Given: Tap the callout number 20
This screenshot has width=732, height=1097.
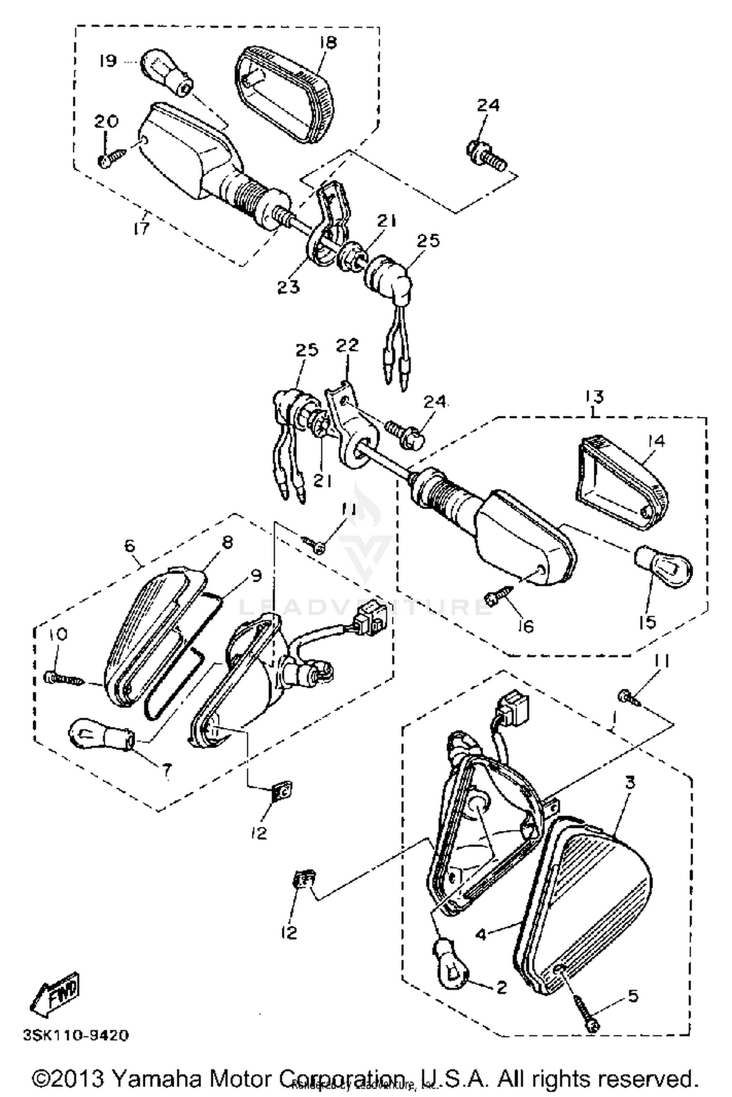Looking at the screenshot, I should click(106, 122).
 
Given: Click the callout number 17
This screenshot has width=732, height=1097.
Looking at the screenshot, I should click(142, 228).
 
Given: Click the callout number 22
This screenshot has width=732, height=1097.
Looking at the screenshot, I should click(347, 345).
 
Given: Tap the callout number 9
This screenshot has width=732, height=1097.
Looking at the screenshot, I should click(256, 576).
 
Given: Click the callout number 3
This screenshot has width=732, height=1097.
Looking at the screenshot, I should click(630, 783).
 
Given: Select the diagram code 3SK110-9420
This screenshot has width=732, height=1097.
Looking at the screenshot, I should click(76, 1035).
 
